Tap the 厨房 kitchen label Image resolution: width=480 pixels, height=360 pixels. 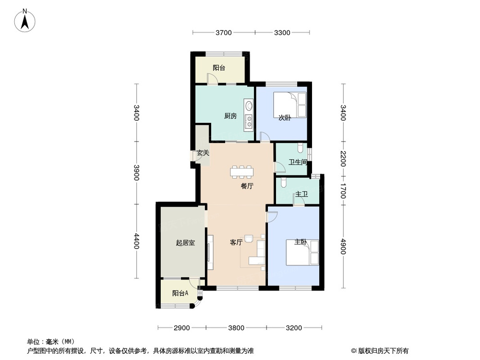pos(230,116)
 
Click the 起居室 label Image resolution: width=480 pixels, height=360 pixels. pos(185,243)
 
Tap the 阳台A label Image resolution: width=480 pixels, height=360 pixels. pos(180,293)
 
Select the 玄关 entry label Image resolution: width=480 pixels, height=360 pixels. pos(203,153)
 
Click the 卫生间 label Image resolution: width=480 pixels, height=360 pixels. pos(298,162)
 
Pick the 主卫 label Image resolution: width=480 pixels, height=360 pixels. pos(301,194)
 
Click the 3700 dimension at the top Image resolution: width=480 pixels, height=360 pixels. pos(223,33)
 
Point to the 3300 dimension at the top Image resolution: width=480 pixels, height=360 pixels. pos(282,33)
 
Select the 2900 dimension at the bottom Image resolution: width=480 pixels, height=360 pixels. pos(182,328)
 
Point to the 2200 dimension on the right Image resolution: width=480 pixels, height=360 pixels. pos(343,158)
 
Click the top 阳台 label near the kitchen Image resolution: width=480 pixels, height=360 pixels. pos(219,68)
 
